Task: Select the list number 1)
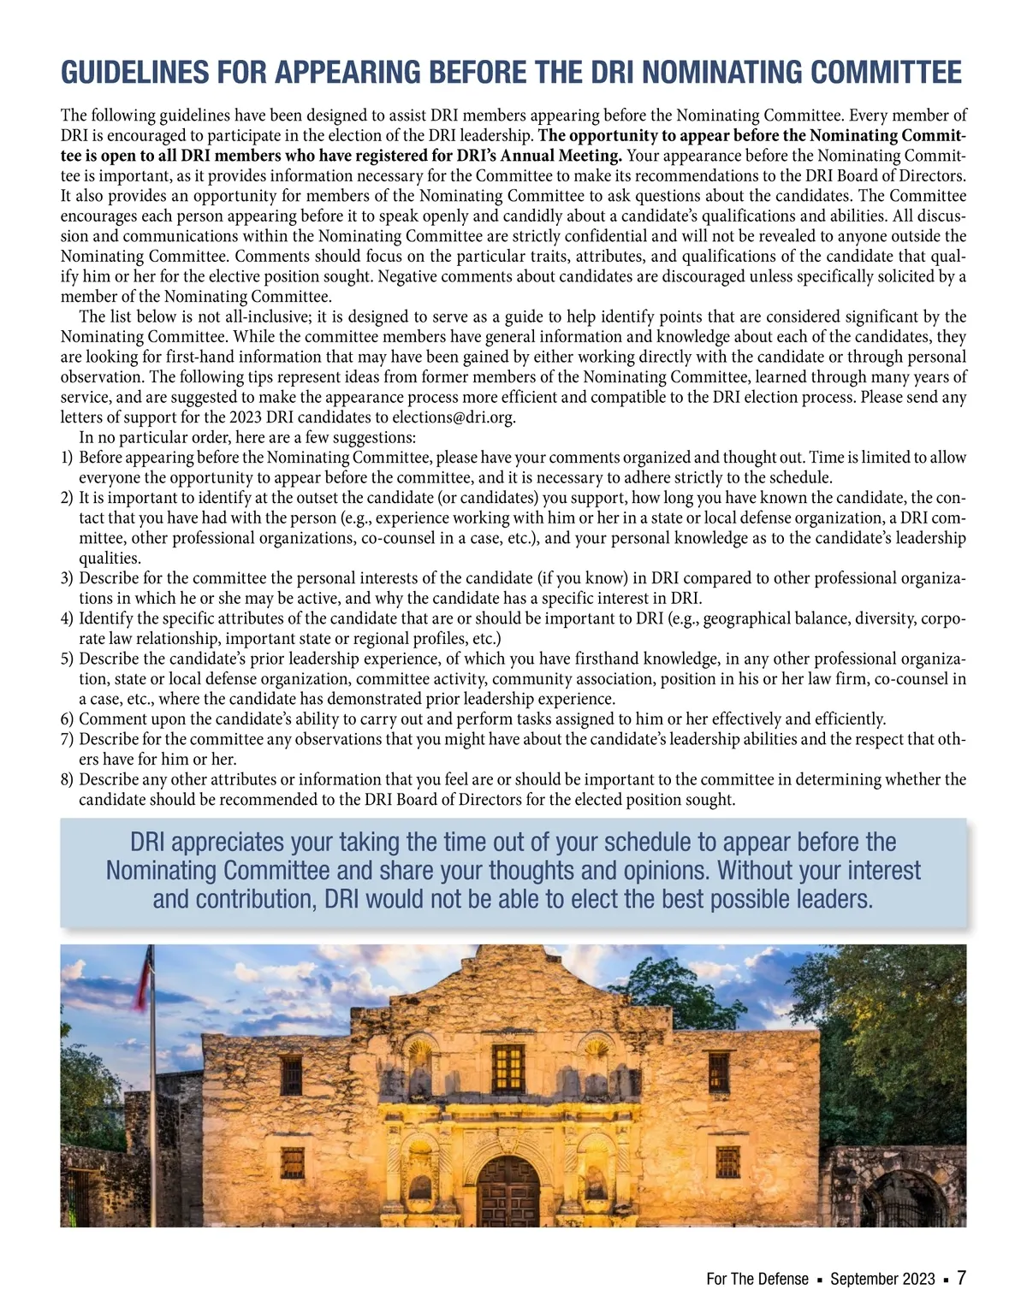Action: [68, 458]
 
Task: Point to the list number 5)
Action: [68, 659]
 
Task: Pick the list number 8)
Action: [68, 779]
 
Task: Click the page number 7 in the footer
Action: [961, 1278]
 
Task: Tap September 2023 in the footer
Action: [882, 1280]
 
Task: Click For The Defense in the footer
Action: [757, 1280]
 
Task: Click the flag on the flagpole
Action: [142, 975]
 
